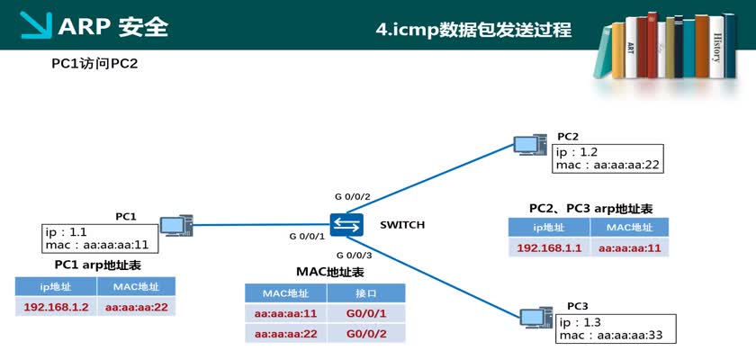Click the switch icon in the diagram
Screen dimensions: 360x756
[346, 225]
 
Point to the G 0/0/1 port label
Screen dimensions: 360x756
[306, 236]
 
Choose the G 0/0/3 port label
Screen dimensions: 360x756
[354, 256]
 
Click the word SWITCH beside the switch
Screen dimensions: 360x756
[401, 225]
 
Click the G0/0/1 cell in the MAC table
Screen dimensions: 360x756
[366, 314]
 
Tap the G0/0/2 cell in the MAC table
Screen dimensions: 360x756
[366, 334]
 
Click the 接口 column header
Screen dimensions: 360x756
[366, 293]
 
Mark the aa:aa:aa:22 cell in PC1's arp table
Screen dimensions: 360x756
[136, 307]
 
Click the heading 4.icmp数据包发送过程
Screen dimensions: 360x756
[473, 30]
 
